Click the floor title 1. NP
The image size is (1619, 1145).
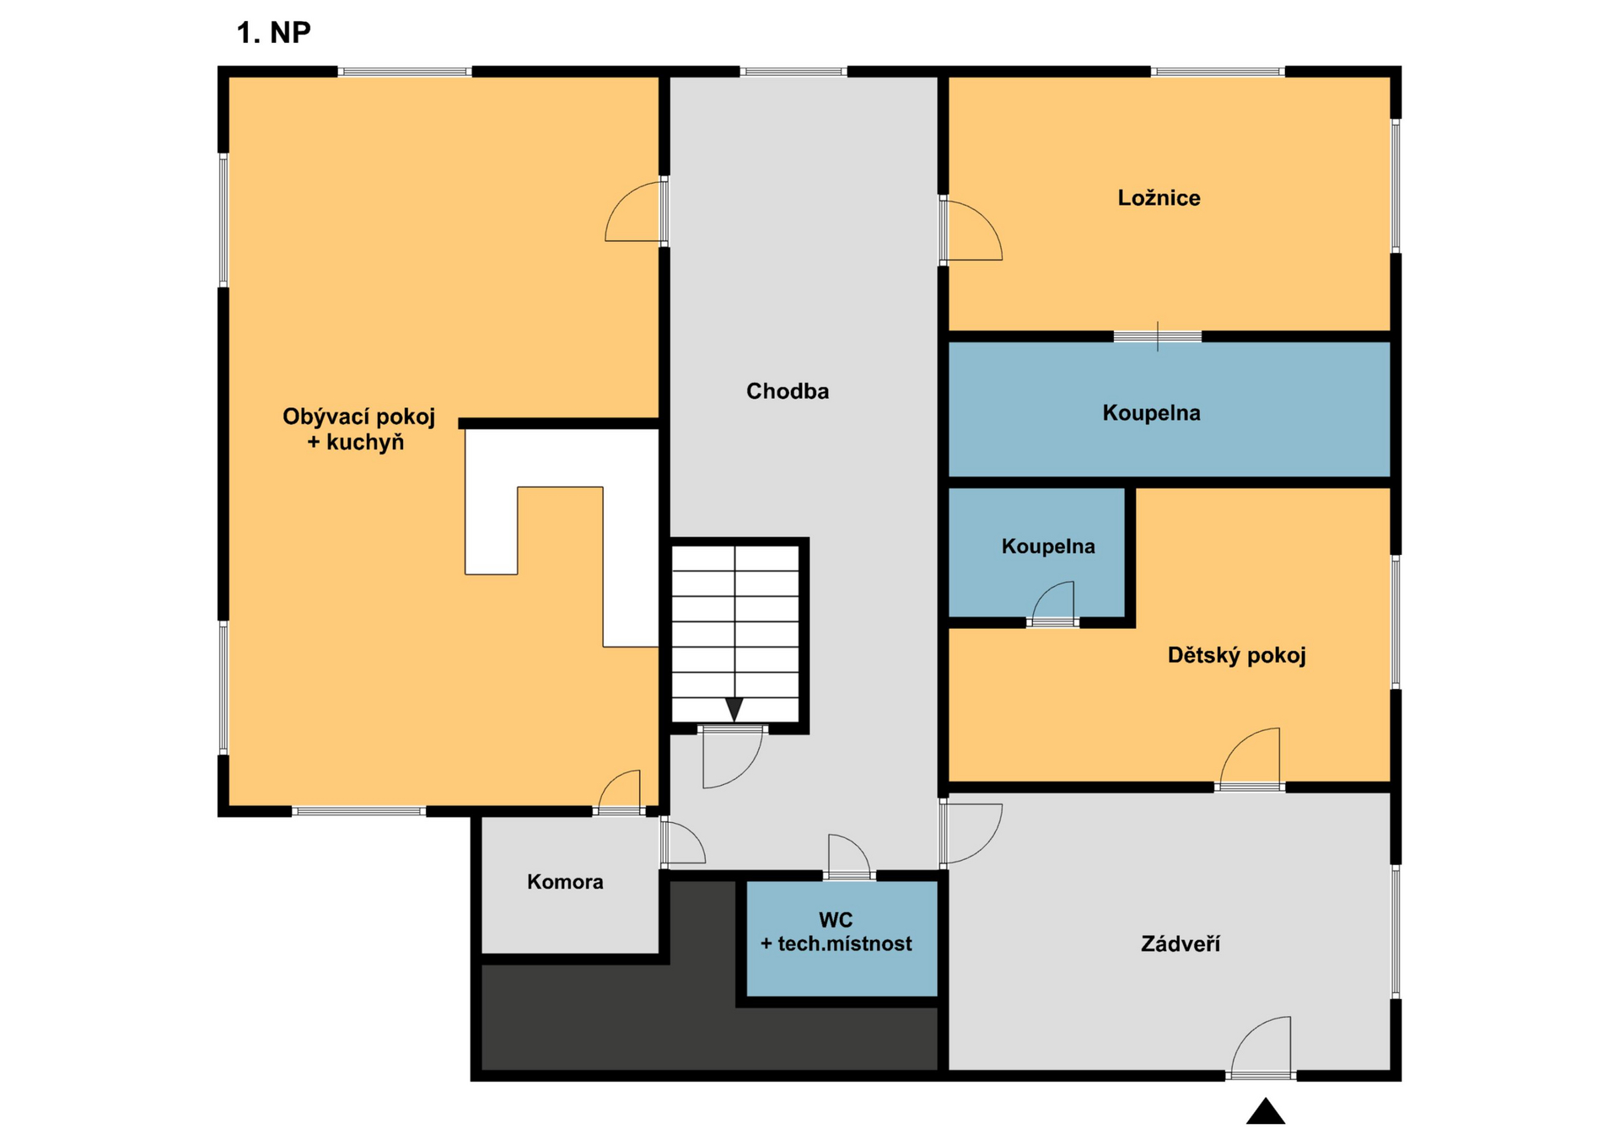[x=273, y=33]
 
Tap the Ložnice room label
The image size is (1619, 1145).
[x=1159, y=198]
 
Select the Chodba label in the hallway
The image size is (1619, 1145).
[x=788, y=391]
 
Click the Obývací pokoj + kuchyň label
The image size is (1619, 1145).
[x=358, y=429]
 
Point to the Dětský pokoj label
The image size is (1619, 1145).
[x=1236, y=655]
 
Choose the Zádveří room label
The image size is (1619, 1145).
[x=1181, y=943]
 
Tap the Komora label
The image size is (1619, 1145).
[x=565, y=882]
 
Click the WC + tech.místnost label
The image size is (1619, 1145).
[x=836, y=932]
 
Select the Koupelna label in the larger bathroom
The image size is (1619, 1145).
[x=1151, y=413]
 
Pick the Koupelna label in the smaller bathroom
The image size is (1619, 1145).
[x=1048, y=546]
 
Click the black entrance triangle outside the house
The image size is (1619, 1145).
[x=1266, y=1111]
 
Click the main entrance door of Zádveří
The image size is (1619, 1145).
[x=1261, y=1048]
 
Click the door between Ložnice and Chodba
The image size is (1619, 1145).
[x=970, y=229]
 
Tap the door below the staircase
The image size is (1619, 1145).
[x=732, y=756]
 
